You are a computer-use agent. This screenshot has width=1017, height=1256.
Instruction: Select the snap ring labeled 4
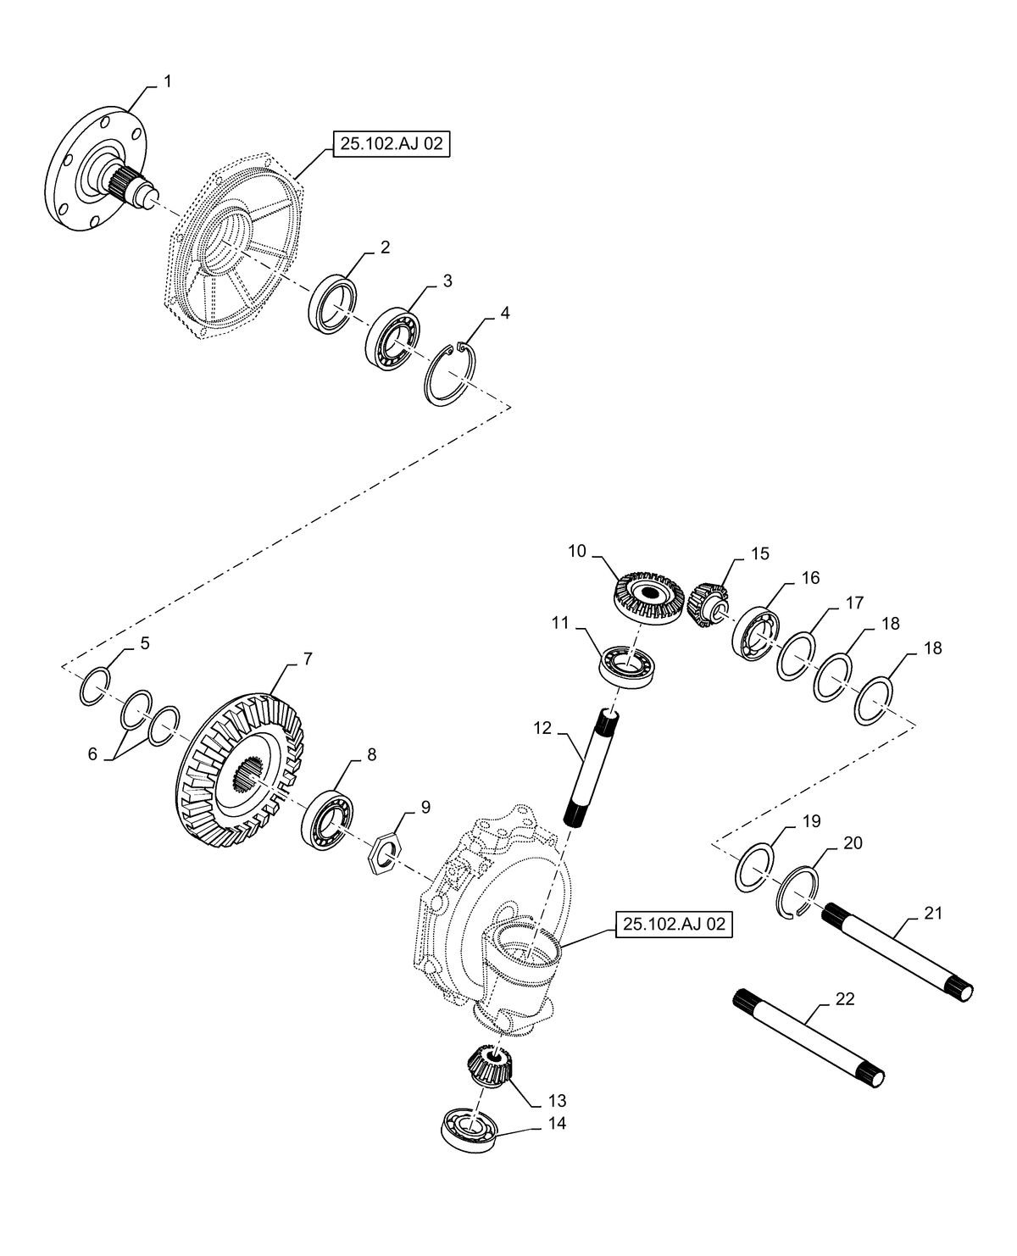tap(451, 374)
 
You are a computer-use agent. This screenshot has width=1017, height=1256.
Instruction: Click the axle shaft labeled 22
tap(807, 1038)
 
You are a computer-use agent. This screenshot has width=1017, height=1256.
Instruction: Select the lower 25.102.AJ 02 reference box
tap(674, 925)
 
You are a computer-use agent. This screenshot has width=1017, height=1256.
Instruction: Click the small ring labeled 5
tap(95, 686)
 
